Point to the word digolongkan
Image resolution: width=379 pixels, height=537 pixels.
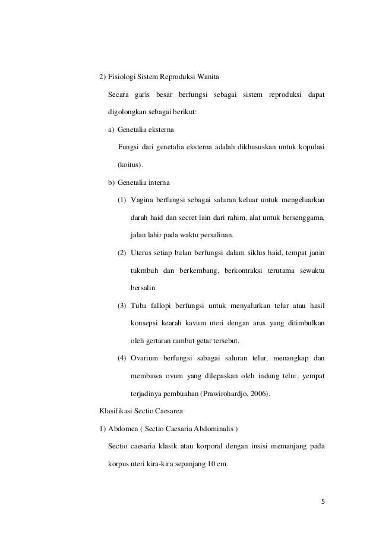coord(129,112)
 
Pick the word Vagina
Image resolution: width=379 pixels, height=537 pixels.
coord(141,200)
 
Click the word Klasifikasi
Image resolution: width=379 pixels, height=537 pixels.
coord(116,411)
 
